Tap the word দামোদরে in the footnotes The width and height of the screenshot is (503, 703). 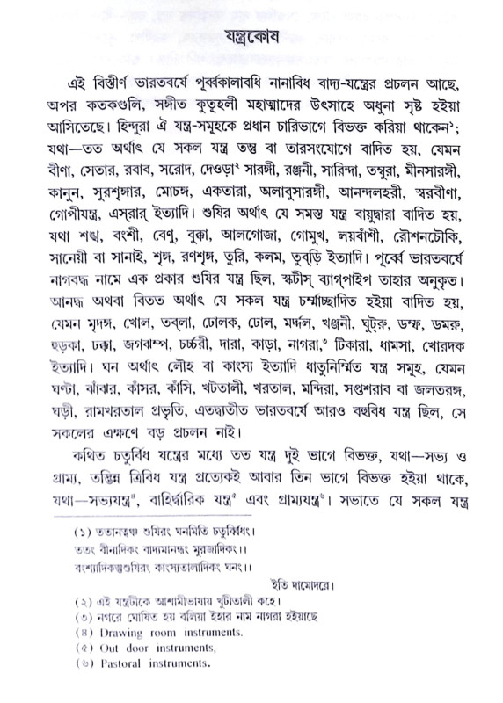433,585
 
